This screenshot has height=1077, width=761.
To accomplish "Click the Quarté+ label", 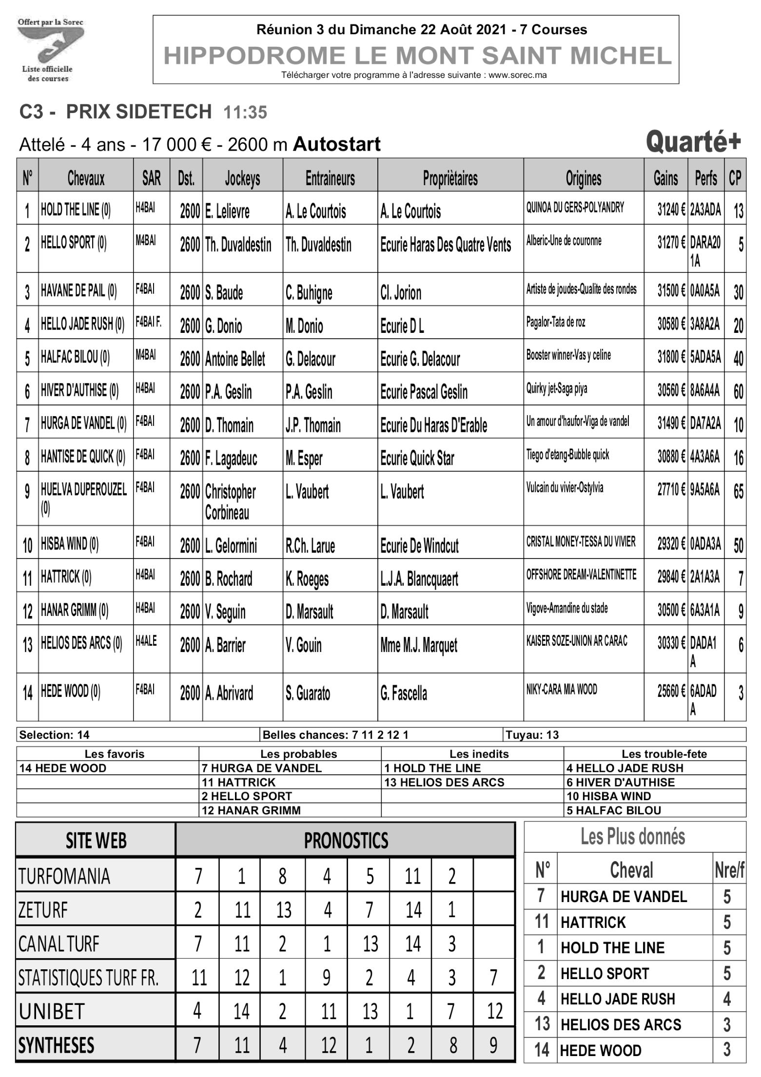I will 693,142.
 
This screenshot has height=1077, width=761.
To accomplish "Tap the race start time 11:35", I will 245,113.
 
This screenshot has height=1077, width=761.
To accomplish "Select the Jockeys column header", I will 242,179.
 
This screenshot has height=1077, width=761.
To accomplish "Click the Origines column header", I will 583,179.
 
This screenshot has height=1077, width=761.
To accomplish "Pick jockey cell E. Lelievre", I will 227,212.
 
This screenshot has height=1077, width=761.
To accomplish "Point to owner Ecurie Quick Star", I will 417,459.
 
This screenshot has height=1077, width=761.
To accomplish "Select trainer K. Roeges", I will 307,579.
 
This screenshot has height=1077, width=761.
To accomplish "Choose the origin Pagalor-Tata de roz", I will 555,323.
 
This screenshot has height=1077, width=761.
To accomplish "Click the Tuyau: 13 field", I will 532,735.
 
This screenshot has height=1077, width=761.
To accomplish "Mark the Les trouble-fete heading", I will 664,754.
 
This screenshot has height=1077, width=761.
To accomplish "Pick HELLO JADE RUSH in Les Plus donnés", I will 618,999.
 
